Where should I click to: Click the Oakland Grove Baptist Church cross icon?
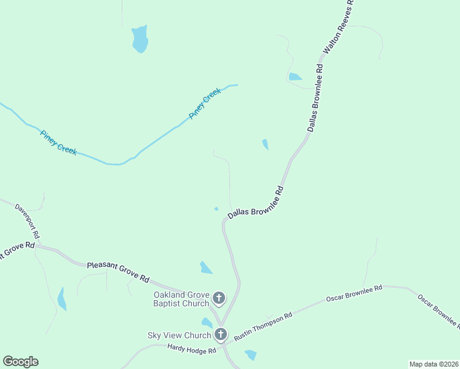(220, 299)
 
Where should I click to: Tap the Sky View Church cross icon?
(221, 335)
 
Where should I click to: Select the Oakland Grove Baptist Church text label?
(181, 299)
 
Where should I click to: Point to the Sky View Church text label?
(179, 335)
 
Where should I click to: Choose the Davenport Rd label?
(28, 221)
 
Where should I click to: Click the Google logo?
(20, 362)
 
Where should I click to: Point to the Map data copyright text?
(434, 363)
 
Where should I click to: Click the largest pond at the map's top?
(140, 39)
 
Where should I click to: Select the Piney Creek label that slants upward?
(204, 103)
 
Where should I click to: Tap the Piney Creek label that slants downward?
(59, 142)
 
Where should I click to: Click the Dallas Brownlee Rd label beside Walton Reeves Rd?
(315, 97)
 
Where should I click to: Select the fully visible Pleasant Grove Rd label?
(118, 271)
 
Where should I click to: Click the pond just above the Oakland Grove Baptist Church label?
(205, 268)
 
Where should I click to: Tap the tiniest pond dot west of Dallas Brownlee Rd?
(216, 208)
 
